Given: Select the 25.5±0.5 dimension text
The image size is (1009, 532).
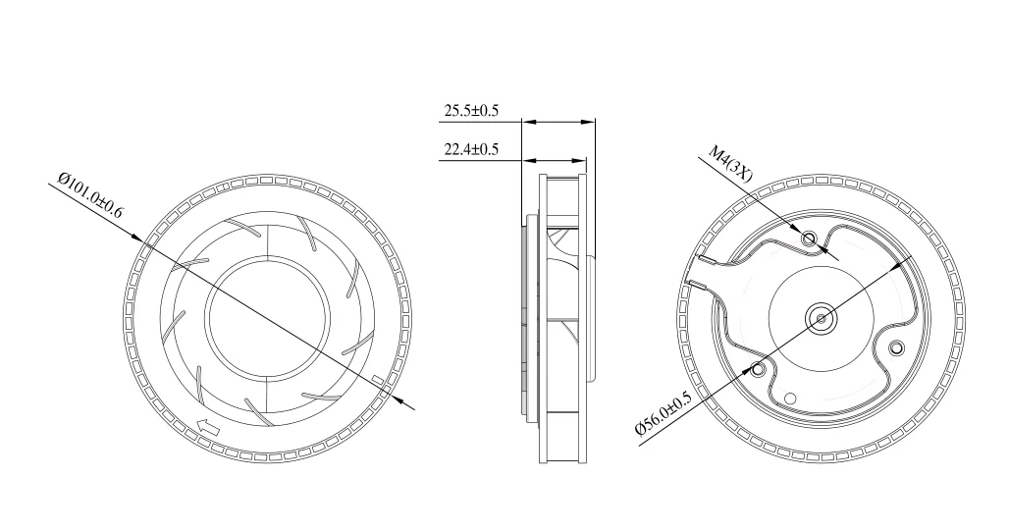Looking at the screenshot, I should pyautogui.click(x=471, y=111).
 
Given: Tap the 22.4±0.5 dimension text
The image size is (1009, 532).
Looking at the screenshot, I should pyautogui.click(x=471, y=149).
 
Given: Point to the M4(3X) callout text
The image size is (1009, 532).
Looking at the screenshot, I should pyautogui.click(x=730, y=164).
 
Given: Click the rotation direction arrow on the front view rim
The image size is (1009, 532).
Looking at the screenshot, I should pyautogui.click(x=208, y=427).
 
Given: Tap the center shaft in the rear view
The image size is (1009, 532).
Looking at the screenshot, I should pyautogui.click(x=819, y=316).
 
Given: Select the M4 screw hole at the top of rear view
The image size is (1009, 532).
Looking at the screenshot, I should pyautogui.click(x=810, y=239).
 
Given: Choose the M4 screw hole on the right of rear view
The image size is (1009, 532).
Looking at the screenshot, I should pyautogui.click(x=895, y=347).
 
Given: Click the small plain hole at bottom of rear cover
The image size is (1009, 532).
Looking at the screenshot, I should pyautogui.click(x=791, y=399).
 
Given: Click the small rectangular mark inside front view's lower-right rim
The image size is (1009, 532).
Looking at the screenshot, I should pyautogui.click(x=380, y=379).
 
